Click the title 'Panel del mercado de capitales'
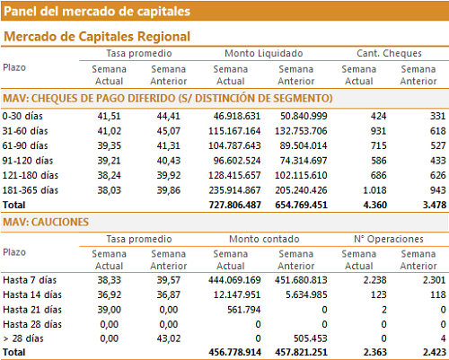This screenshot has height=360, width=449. pos(97,12)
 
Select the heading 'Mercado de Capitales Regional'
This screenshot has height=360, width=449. pos(97,37)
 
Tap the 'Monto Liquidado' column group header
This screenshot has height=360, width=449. pos(264,53)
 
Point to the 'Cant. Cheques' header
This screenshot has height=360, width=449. pos(389,53)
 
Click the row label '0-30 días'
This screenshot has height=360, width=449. pos(22,116)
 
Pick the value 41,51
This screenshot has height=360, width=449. pos(109,116)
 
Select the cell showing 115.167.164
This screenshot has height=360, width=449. pos(234,131)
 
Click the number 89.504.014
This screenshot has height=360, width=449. pos(304,145)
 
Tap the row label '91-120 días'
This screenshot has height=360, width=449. pos(28,161)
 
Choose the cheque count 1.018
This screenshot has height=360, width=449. pos(374,190)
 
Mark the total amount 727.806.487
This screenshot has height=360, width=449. pos(234,205)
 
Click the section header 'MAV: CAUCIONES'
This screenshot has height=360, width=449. pos(46,222)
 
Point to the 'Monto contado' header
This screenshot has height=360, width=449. pos(264,239)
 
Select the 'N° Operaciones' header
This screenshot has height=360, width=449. pos(389,239)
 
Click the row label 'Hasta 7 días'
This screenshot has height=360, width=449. pos(30,280)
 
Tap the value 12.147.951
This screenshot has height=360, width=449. pos(237,294)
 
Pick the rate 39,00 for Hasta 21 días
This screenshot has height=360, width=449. pos(109,310)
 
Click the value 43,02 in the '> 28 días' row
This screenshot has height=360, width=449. pos(169,338)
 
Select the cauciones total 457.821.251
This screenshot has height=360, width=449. pos(301,352)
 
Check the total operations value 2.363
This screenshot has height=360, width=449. pos(375,352)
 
